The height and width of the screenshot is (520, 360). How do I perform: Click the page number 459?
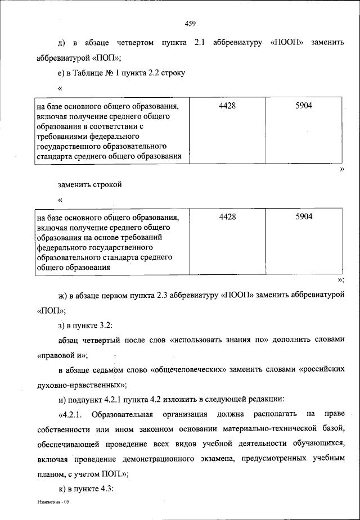coord(190,24)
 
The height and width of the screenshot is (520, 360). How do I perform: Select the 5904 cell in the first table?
coord(304,105)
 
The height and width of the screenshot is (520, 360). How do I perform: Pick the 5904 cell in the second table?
coord(304,216)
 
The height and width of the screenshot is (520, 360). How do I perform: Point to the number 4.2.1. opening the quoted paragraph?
coord(71,415)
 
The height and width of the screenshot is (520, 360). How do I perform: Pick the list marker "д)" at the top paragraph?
coord(62,44)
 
